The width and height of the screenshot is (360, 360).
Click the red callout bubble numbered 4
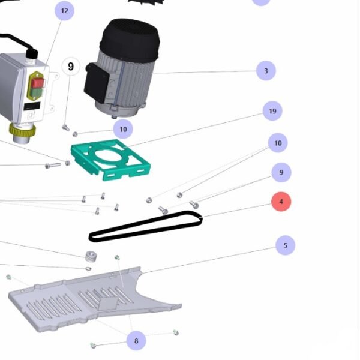click(281, 202)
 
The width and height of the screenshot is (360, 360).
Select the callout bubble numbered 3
click(266, 71)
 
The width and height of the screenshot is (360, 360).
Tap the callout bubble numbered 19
click(272, 111)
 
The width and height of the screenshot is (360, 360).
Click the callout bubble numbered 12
click(65, 11)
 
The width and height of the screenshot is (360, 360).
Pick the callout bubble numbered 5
click(285, 245)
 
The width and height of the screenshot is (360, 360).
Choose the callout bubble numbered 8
click(136, 341)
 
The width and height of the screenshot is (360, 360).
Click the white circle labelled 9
click(71, 67)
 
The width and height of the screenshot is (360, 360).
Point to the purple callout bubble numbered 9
click(281, 172)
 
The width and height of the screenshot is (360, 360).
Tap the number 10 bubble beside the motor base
click(123, 129)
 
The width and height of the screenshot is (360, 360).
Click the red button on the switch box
click(37, 83)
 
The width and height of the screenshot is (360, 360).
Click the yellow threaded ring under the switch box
click(23, 130)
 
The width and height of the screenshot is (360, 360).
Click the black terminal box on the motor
click(97, 83)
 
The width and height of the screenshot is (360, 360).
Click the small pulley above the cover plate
click(91, 256)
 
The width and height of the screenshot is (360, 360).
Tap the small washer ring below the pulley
click(88, 268)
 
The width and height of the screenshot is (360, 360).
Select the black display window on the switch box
click(32, 106)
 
